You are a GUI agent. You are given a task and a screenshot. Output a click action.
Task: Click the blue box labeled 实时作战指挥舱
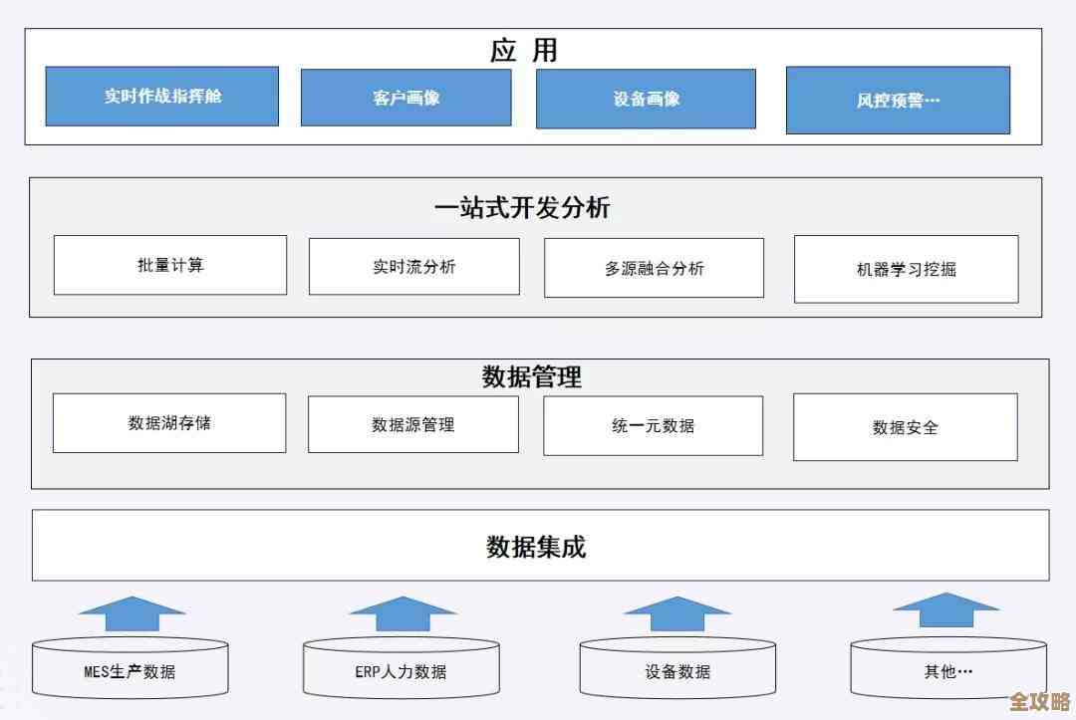click(161, 97)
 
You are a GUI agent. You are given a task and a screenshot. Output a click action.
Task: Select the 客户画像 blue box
click(405, 98)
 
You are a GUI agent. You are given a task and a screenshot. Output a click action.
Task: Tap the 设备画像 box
click(646, 99)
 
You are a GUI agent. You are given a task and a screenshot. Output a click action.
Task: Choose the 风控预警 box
click(898, 100)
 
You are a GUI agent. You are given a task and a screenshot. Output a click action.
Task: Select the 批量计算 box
click(170, 265)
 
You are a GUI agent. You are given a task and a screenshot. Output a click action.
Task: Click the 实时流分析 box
click(413, 266)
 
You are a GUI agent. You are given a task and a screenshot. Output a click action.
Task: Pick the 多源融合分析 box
click(654, 268)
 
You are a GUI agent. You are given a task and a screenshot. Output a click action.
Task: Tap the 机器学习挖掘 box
click(906, 269)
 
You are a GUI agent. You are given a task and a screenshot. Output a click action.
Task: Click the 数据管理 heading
click(531, 377)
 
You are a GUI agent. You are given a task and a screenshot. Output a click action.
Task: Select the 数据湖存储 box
click(169, 422)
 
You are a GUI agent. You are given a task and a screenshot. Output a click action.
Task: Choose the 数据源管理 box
click(412, 424)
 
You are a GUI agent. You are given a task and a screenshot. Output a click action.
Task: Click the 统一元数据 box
click(653, 425)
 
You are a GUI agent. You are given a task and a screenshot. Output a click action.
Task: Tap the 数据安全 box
click(905, 427)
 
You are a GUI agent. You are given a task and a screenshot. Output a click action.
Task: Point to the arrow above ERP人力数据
click(403, 613)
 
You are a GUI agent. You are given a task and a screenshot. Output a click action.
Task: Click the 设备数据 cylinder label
click(677, 671)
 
